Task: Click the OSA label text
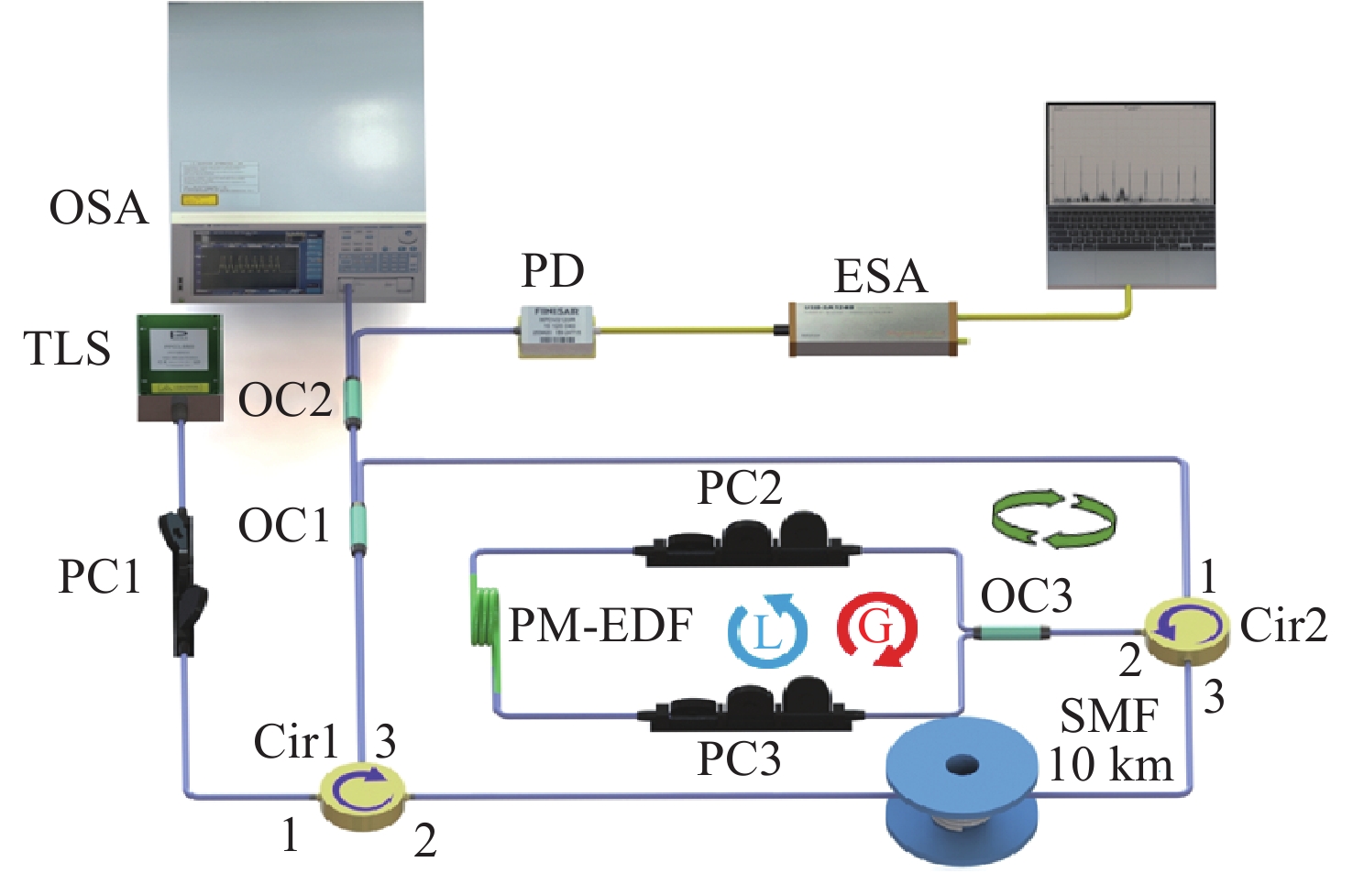(x=98, y=208)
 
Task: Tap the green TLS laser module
(x=181, y=366)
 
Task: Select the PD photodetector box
(x=556, y=330)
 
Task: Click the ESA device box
(x=873, y=328)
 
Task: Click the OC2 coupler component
(x=353, y=400)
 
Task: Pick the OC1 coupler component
(x=357, y=527)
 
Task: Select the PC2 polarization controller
(x=747, y=541)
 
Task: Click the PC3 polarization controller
(x=756, y=705)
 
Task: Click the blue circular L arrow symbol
(x=767, y=629)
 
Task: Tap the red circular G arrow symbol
(x=876, y=629)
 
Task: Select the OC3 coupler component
(x=1010, y=632)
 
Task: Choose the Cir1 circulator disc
(x=361, y=793)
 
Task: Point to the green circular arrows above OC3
(x=1054, y=519)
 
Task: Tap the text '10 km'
(x=1110, y=765)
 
